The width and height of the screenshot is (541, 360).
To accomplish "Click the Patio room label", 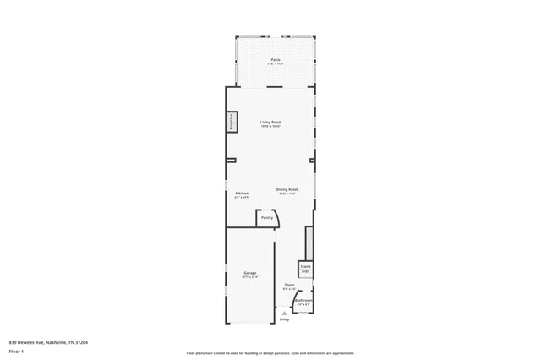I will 276,60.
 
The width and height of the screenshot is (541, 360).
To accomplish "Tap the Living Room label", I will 270,122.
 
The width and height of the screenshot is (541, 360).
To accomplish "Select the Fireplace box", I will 230,123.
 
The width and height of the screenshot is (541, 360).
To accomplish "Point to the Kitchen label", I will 242,194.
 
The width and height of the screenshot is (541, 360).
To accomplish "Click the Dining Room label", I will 287,189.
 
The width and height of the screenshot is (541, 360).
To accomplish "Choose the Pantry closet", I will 267,217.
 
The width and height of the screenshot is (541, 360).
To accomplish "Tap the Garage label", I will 250,273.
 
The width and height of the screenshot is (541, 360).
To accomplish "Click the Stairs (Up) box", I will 305,269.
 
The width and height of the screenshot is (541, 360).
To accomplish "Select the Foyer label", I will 288,285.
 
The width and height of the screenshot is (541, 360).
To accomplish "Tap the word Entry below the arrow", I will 284,319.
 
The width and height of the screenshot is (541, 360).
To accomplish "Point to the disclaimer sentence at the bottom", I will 270,353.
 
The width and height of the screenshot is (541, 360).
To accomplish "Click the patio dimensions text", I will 276,64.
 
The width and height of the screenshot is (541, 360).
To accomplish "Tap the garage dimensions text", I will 250,277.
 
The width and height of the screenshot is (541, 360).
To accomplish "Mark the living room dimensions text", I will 270,126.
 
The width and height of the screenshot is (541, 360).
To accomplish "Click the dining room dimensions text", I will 287,194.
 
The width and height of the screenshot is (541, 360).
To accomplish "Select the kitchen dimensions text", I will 242,198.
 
